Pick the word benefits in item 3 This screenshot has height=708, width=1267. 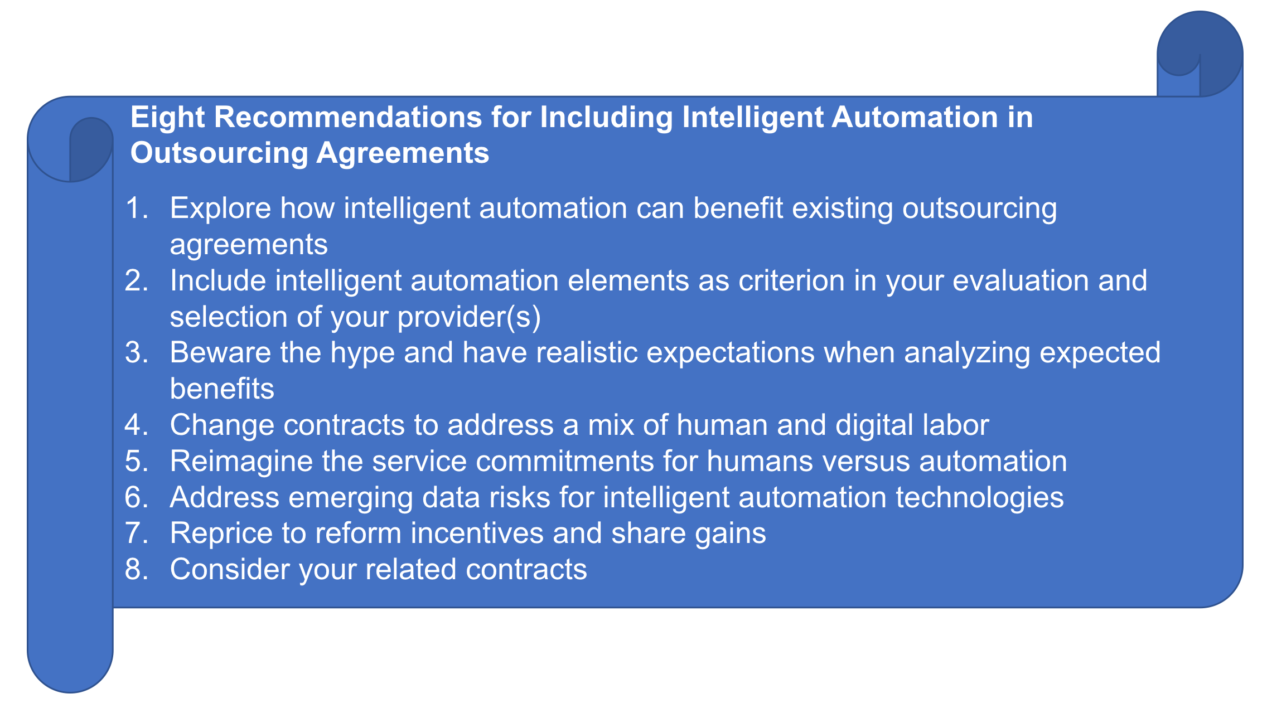point(222,389)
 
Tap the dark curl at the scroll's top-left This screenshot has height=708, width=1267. point(86,149)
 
